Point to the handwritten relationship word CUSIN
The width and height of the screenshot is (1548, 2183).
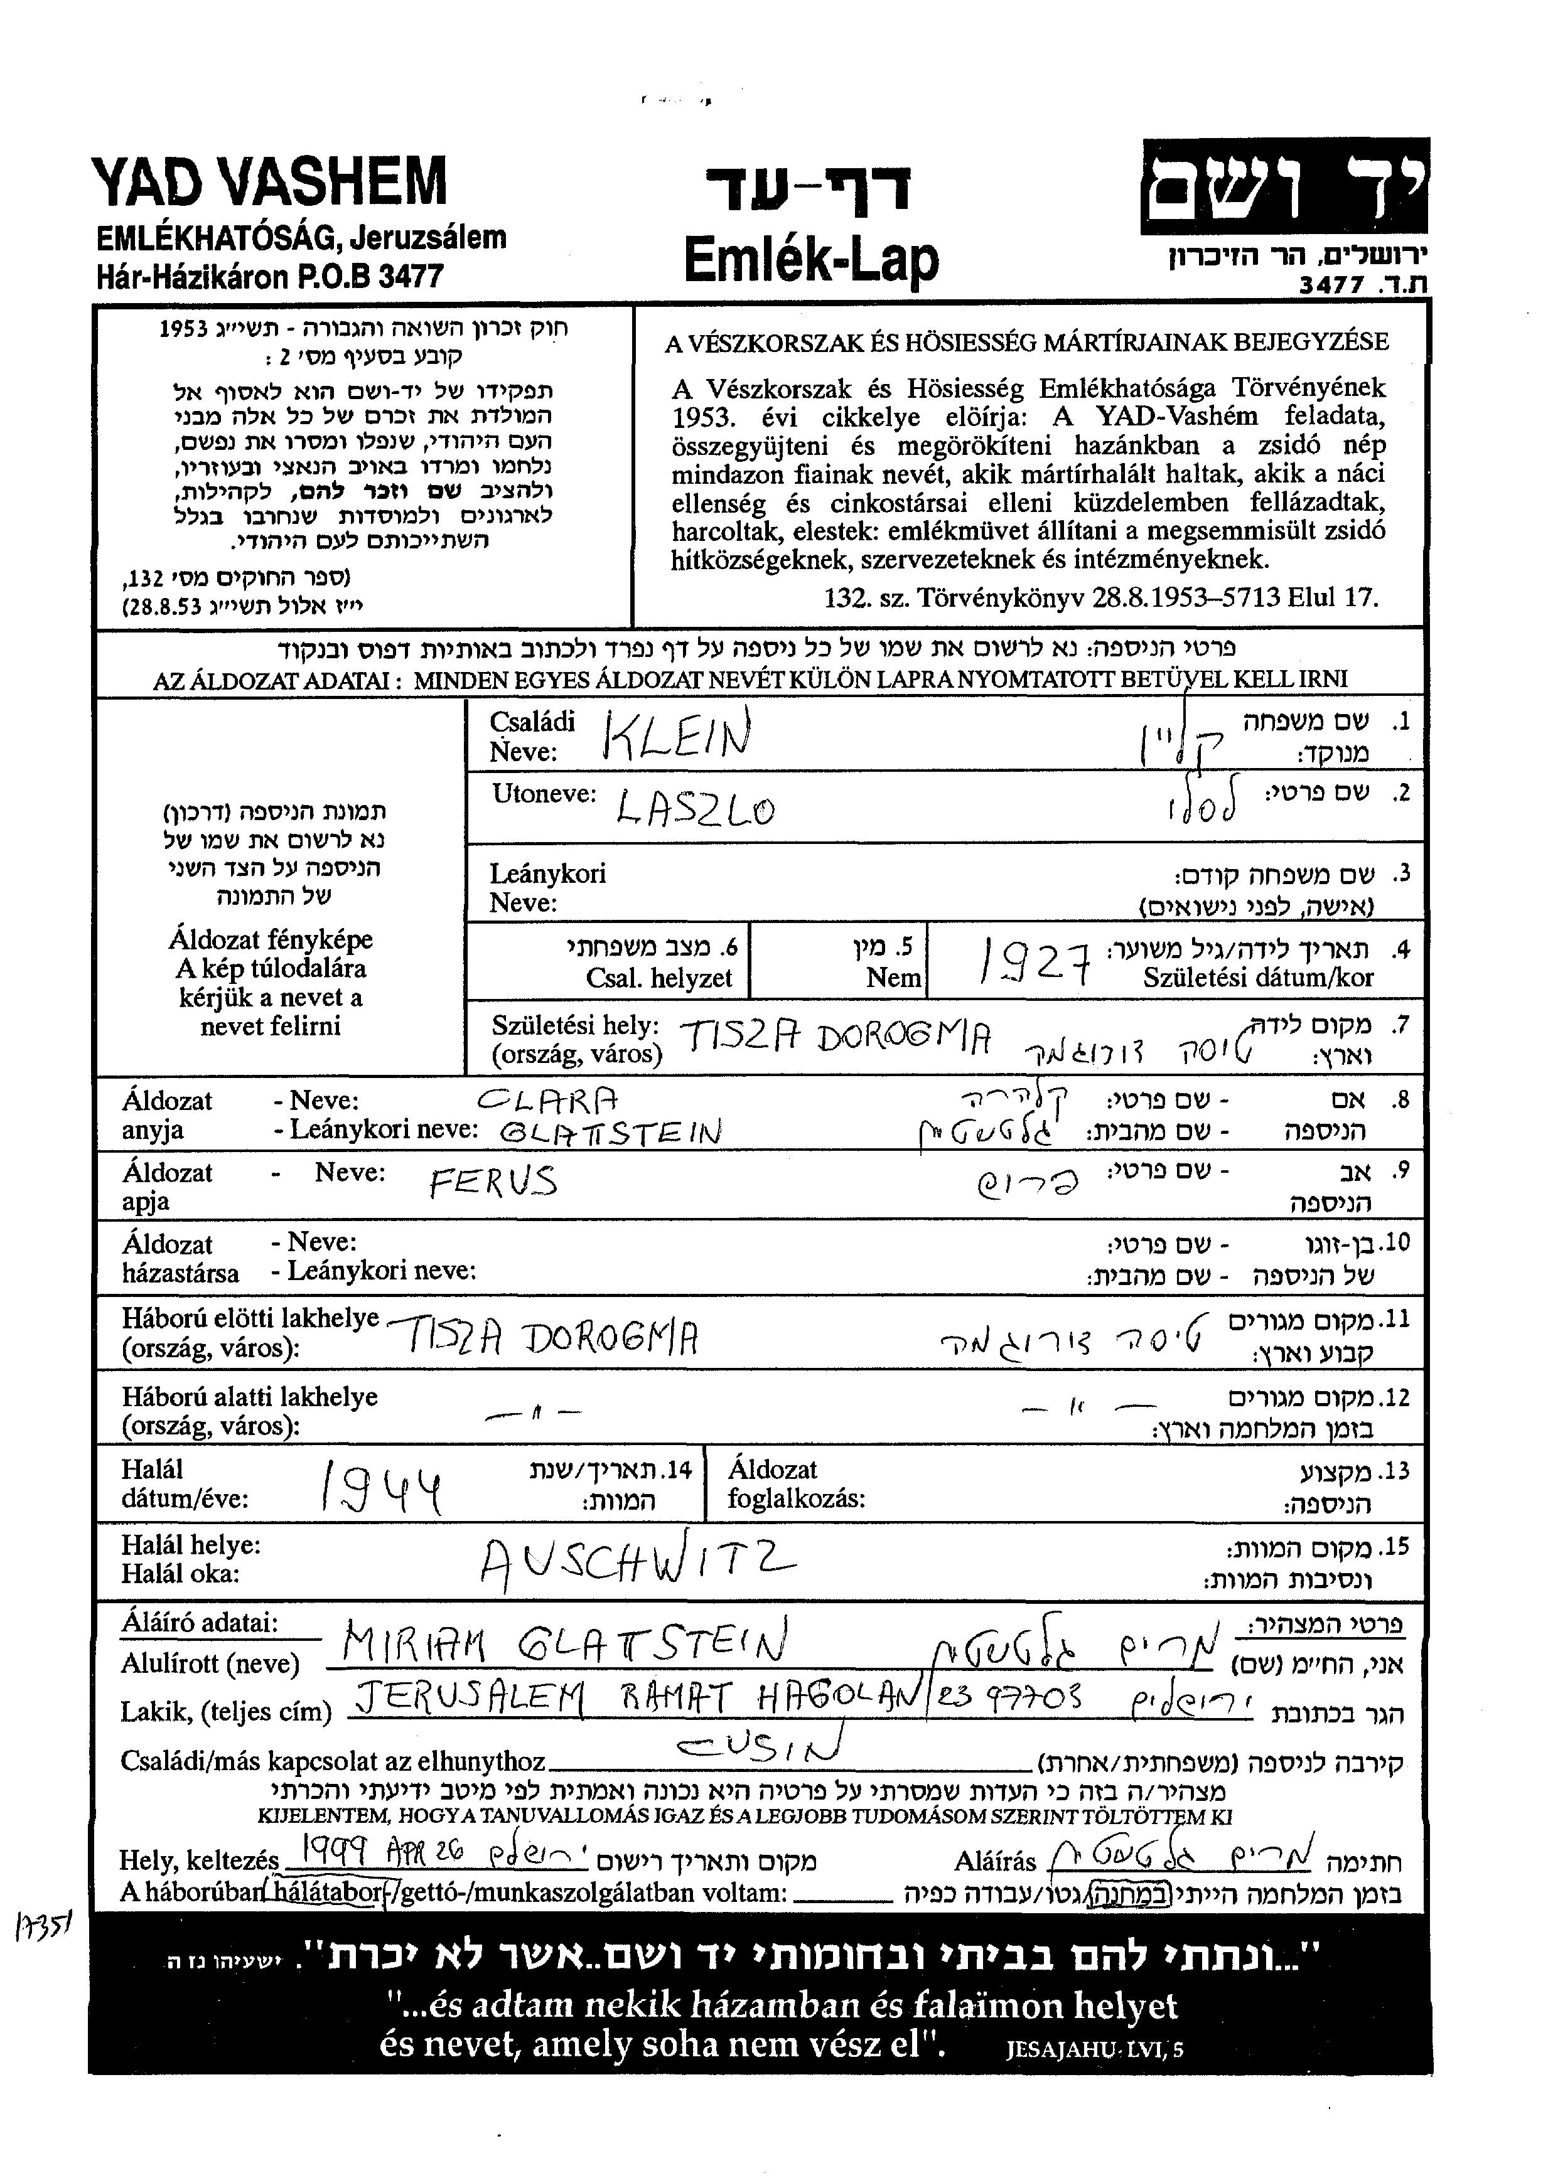pyautogui.click(x=760, y=1744)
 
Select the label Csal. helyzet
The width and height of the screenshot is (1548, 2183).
pyautogui.click(x=658, y=978)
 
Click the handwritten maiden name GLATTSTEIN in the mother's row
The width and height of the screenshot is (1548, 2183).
pyautogui.click(x=610, y=1132)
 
